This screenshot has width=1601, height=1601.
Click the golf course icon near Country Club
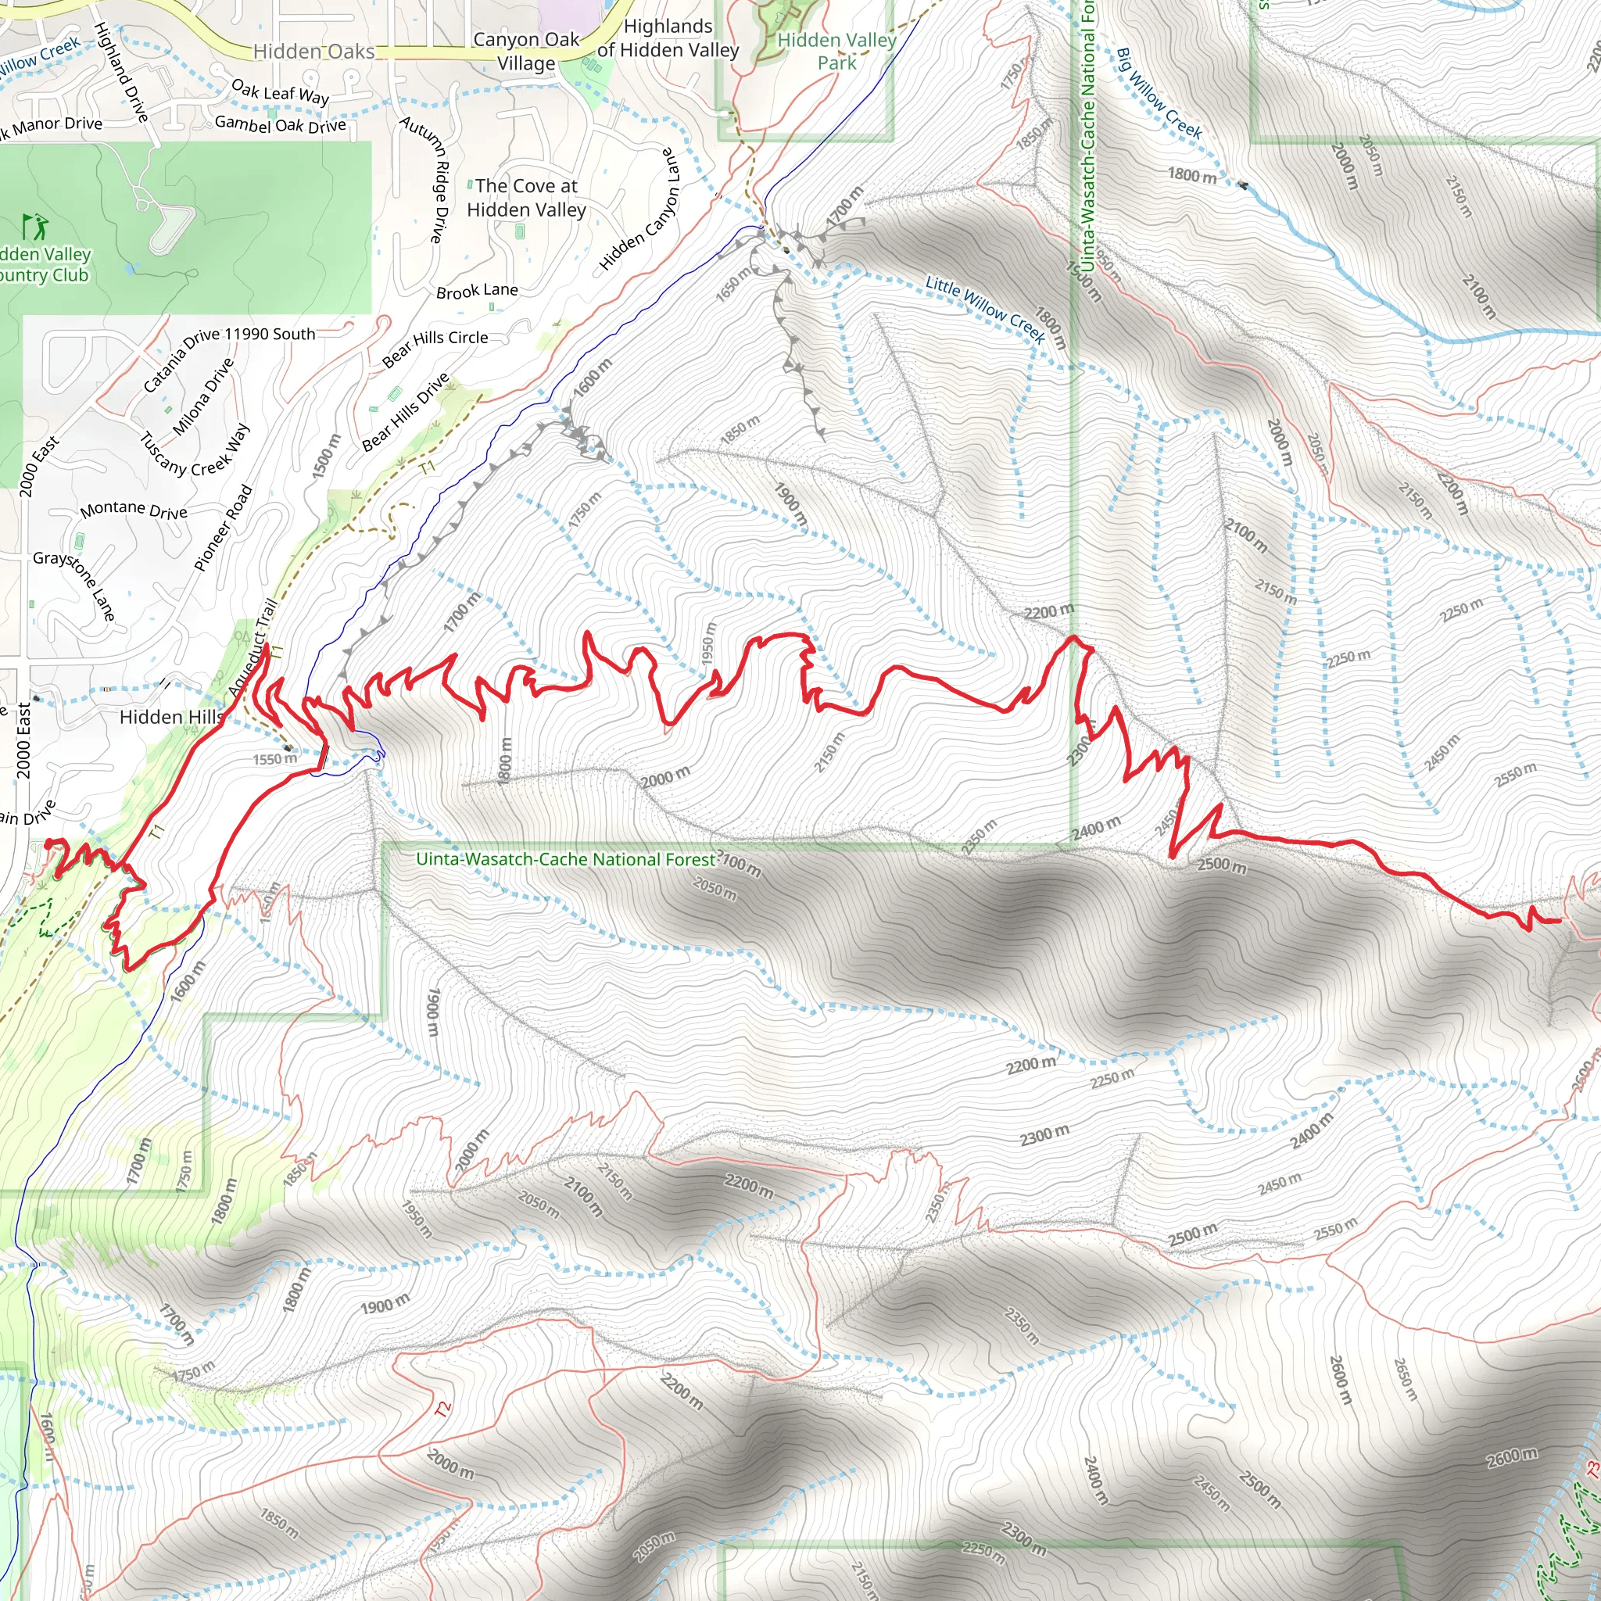[x=36, y=226]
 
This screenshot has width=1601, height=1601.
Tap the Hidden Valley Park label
[x=836, y=52]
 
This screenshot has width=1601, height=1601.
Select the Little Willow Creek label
[x=985, y=309]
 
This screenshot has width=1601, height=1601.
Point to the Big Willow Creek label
[x=1159, y=94]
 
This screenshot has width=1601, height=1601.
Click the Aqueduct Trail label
[x=252, y=649]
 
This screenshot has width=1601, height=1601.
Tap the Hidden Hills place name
[x=170, y=718]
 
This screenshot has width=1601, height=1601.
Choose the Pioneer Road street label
[x=223, y=528]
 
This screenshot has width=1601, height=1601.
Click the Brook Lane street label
[x=477, y=291]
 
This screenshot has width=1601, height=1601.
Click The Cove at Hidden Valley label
[x=526, y=198]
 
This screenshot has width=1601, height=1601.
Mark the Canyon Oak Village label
[x=526, y=52]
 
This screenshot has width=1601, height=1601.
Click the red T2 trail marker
[x=444, y=1409]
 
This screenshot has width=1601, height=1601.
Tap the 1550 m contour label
[x=274, y=759]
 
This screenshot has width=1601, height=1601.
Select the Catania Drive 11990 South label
[x=229, y=360]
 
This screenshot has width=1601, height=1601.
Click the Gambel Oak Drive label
[x=280, y=124]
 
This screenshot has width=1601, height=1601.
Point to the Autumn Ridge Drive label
[x=426, y=179]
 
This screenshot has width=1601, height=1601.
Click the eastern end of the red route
[x=1560, y=921]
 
